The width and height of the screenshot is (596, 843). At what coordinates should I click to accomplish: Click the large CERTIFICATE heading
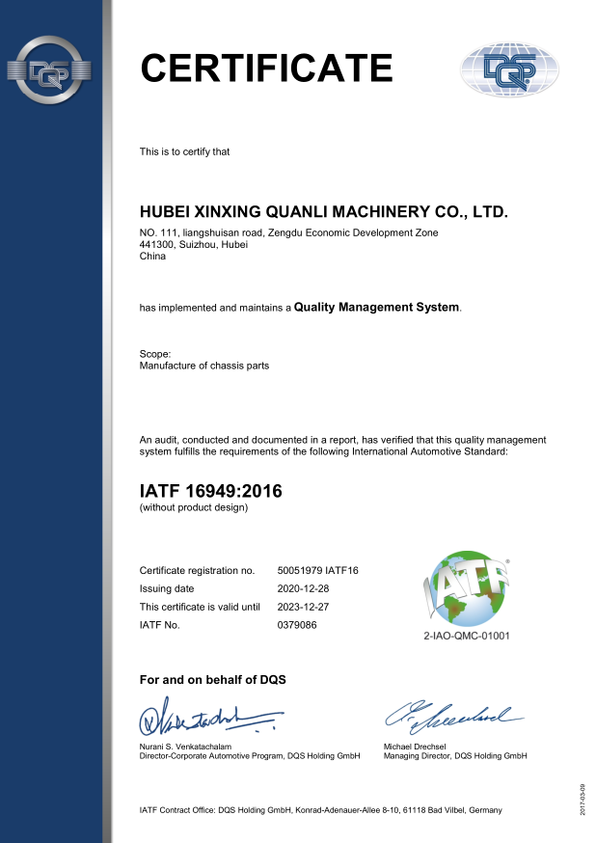click(266, 68)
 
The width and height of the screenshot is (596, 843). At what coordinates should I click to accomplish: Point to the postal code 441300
click(156, 245)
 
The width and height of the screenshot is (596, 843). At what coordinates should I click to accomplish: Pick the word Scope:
click(155, 354)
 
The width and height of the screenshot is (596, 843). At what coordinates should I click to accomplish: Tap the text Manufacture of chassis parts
click(204, 367)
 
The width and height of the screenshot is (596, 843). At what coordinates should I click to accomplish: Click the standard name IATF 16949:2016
click(211, 491)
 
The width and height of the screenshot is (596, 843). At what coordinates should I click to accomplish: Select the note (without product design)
click(194, 508)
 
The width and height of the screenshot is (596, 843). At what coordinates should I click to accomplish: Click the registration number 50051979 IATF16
click(317, 571)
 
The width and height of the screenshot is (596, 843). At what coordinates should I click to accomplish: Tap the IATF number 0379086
click(297, 625)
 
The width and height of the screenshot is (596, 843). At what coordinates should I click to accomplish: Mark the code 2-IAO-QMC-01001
click(467, 637)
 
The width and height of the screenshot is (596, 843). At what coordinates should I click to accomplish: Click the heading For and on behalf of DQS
click(212, 680)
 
